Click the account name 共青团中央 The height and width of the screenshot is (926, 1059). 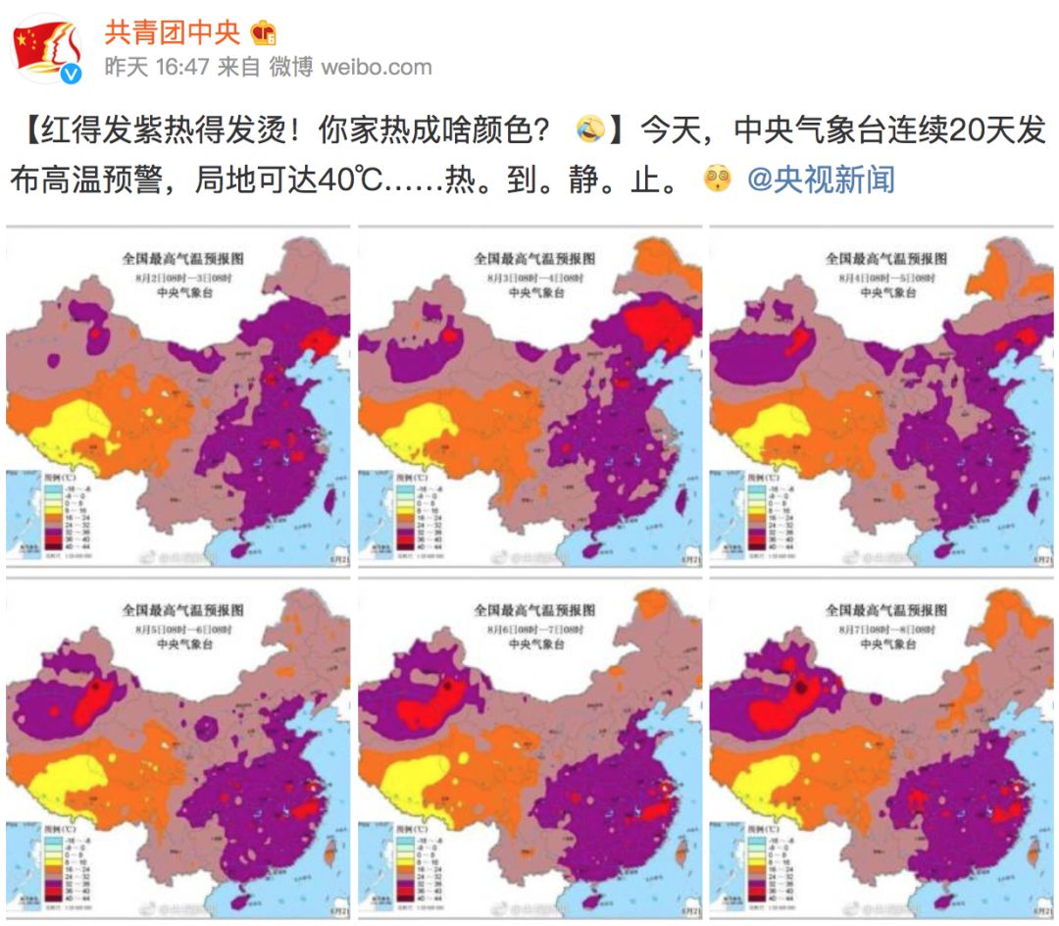[x=172, y=31]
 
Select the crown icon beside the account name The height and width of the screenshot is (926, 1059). [x=263, y=33]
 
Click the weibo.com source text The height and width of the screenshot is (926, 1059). [x=377, y=67]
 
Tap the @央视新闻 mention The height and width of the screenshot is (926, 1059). [x=821, y=180]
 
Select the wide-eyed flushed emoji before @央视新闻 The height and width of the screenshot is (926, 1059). [x=719, y=180]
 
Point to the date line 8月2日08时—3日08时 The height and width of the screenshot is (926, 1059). [x=182, y=278]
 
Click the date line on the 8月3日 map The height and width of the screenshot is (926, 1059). [x=534, y=278]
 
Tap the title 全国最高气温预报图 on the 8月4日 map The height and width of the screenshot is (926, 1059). [x=886, y=259]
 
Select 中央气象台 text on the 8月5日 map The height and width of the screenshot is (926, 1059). [x=182, y=644]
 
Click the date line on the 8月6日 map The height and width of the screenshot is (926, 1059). [x=534, y=629]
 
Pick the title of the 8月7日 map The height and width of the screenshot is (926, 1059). [x=886, y=610]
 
